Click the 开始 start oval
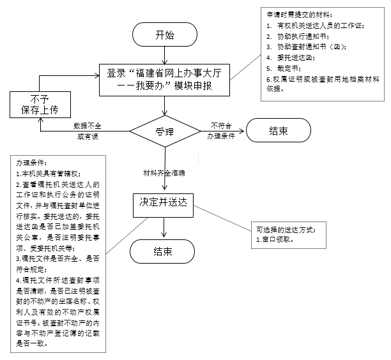pos(165,36)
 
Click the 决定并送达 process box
pos(165,202)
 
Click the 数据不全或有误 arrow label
pos(91,131)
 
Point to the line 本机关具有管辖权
pos(49,173)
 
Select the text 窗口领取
pos(275,239)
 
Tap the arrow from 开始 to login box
pos(165,56)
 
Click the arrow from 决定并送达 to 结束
pos(165,226)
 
